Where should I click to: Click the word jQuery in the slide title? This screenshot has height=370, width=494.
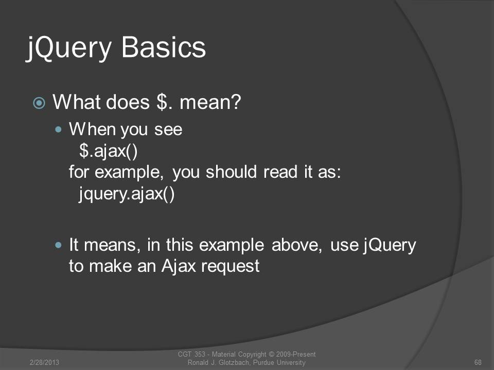coord(69,48)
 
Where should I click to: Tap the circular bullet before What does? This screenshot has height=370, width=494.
coord(39,103)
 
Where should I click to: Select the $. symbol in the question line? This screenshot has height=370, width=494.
coord(165,102)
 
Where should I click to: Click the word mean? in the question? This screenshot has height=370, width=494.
coord(210,102)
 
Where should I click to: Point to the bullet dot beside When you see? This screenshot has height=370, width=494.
coord(58,129)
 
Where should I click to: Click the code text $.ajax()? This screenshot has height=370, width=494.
coord(109,151)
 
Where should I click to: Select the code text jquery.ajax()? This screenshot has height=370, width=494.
coord(127,193)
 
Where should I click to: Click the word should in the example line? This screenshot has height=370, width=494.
coord(231,172)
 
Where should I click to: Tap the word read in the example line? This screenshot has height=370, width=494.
coord(280,172)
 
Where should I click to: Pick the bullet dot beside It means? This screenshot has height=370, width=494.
coord(58,245)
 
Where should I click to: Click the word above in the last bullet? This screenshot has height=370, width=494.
coord(296,245)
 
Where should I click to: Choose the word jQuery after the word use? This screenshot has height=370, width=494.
coord(390,245)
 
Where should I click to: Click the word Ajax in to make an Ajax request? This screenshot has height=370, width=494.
coord(179,266)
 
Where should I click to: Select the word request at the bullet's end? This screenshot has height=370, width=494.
coord(231,267)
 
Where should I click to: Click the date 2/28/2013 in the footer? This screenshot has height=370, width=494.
coord(44,362)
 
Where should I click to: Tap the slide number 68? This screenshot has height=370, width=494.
coord(478,362)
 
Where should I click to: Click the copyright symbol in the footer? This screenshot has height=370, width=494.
coord(271,354)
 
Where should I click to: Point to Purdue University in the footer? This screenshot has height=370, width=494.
coord(279,362)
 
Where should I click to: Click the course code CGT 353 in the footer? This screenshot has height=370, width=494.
coord(191,354)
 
